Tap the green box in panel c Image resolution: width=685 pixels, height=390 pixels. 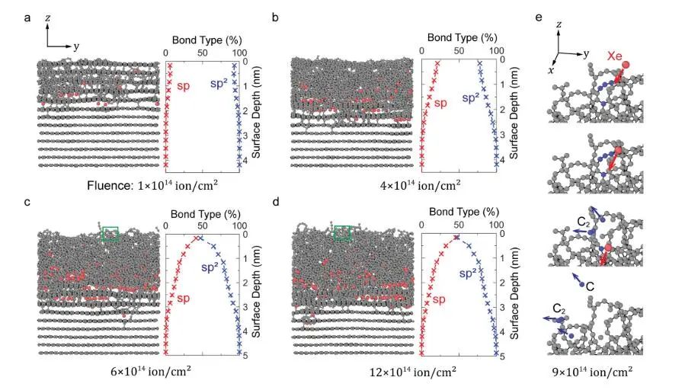[110, 234]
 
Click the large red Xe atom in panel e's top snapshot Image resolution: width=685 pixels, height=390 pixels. [626, 66]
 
